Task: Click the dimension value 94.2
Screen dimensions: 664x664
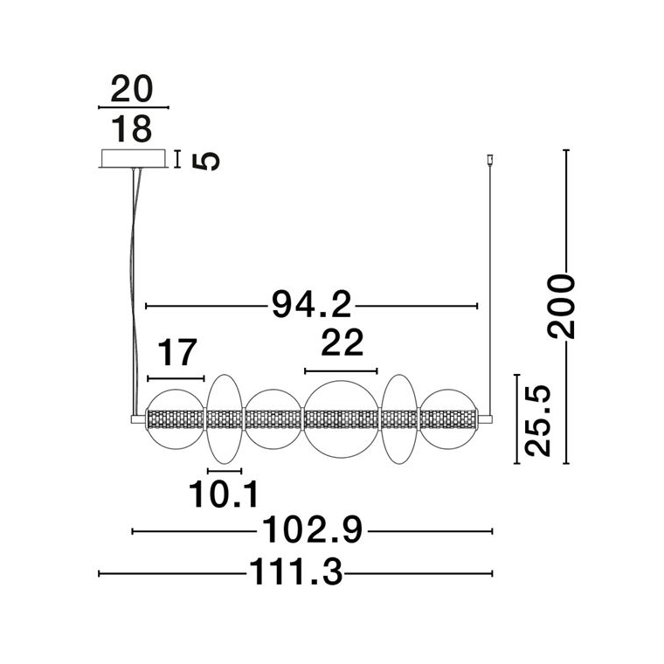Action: (x=312, y=304)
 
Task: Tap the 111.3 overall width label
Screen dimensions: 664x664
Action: (x=295, y=572)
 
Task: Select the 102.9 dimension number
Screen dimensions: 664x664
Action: (x=313, y=529)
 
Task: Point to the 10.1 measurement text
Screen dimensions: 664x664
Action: (x=223, y=495)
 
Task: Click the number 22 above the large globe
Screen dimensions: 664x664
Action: (x=342, y=342)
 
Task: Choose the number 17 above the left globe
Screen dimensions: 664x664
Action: (x=177, y=352)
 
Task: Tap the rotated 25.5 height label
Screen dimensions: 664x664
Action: (x=538, y=421)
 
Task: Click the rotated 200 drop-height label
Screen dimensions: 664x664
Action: (x=561, y=306)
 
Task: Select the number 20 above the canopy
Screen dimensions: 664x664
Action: (x=131, y=88)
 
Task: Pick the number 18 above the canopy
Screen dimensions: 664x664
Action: (x=131, y=129)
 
